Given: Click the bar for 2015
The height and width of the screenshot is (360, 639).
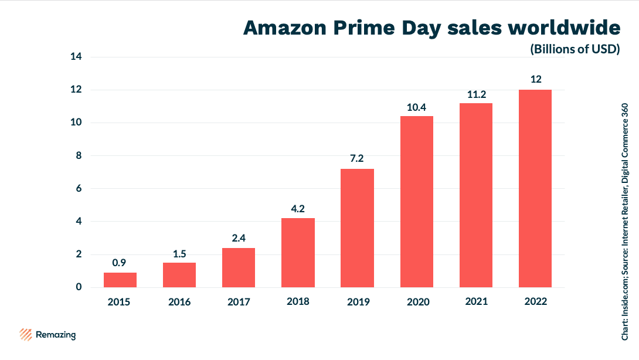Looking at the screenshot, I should [120, 280].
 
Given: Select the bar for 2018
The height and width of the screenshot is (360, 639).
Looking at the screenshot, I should [298, 253].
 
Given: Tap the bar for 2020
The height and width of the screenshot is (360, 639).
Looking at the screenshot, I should [417, 202].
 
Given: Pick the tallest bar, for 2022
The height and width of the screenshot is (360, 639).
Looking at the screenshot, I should [535, 188].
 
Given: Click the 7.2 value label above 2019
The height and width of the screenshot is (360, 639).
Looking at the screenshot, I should [358, 159].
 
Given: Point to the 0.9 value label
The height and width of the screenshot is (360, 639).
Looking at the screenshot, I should [120, 263].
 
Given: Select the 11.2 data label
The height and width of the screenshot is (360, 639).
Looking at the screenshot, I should [475, 93].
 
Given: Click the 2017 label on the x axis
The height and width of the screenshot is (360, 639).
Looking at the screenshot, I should [239, 302].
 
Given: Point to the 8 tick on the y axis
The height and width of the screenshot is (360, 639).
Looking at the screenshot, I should [79, 156].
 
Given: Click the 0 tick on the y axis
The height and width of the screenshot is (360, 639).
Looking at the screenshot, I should [79, 287].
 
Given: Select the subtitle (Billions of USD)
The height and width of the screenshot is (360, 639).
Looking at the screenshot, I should [575, 49].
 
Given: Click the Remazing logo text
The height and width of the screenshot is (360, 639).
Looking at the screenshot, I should [56, 335].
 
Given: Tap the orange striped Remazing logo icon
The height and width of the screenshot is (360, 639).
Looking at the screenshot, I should [25, 335].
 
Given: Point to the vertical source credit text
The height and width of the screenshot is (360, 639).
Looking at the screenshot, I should [626, 222].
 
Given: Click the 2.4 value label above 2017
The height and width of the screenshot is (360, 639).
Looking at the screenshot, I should [239, 238].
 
